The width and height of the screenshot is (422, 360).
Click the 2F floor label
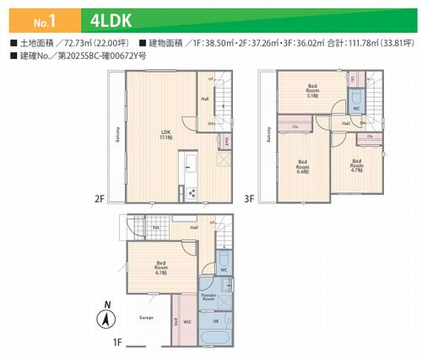pos(99,200)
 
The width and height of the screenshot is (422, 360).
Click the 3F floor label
pos(250,200)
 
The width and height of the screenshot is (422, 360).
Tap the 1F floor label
pos(118,343)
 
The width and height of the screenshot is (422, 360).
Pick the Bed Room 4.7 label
pos(357,164)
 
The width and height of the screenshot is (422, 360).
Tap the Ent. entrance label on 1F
pos(156,227)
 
